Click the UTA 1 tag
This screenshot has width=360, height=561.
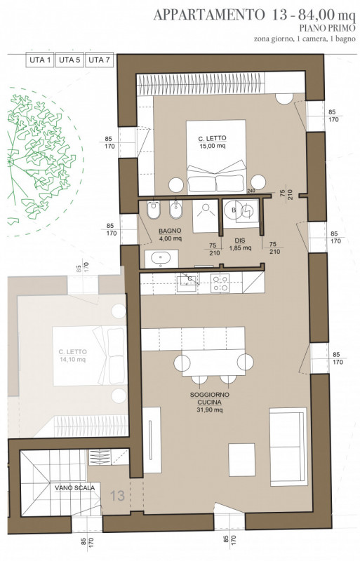[40, 60]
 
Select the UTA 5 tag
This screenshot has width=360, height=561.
[69, 60]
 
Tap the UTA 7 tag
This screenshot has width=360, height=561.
[99, 60]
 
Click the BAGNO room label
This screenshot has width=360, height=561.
[170, 231]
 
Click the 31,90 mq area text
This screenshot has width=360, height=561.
[210, 410]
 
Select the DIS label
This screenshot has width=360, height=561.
[240, 241]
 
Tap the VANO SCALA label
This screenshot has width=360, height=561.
[75, 487]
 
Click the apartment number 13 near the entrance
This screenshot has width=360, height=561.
[117, 496]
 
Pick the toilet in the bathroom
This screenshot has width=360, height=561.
[154, 210]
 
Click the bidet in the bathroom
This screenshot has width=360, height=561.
[175, 210]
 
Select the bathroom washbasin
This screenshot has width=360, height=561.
[161, 259]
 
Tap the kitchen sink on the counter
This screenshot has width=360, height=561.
[186, 282]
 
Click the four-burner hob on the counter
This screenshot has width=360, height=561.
[220, 283]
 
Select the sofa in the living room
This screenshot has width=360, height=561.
[288, 447]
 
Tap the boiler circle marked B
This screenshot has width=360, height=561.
[234, 210]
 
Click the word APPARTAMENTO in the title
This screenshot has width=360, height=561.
[208, 15]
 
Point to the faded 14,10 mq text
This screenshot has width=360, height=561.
[72, 360]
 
